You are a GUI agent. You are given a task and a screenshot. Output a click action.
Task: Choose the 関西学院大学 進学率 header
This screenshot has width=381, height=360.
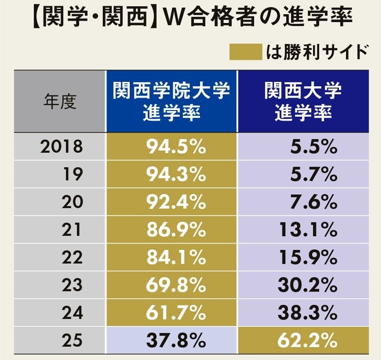tap(171, 101)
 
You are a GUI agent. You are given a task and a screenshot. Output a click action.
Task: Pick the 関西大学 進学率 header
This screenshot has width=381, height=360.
tap(303, 101)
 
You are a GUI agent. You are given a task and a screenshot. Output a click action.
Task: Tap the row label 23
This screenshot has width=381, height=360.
tap(73, 286)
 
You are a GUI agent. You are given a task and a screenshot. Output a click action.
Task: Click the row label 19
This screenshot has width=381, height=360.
tap(73, 175)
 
